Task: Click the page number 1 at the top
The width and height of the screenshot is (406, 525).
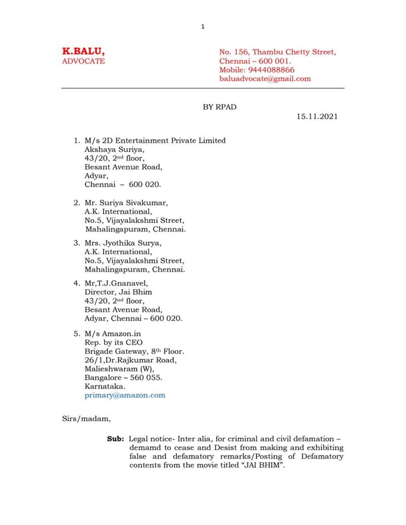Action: [x=203, y=27]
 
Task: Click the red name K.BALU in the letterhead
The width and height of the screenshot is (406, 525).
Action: [x=83, y=51]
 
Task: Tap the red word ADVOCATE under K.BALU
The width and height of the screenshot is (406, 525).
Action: [x=83, y=61]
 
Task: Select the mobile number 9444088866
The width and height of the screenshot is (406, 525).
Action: [x=271, y=70]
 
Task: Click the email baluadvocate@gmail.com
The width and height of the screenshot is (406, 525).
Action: [x=265, y=79]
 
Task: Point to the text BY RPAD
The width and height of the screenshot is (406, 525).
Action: [x=219, y=107]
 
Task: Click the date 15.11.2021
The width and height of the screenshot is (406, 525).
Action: [x=317, y=116]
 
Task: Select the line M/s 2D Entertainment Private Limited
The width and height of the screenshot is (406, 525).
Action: [x=155, y=140]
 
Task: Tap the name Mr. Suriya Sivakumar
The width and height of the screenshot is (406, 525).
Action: [x=126, y=203]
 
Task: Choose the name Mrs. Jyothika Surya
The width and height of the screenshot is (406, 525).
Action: [x=123, y=243]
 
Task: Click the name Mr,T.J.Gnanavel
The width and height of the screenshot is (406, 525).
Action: [x=116, y=283]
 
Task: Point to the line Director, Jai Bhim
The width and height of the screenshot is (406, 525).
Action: [x=118, y=292]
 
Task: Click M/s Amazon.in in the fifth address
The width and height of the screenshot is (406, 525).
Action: [x=113, y=334]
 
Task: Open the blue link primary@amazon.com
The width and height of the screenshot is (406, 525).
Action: [x=125, y=395]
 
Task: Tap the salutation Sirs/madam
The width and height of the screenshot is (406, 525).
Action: [x=86, y=418]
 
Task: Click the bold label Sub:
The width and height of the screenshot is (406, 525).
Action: [x=115, y=439]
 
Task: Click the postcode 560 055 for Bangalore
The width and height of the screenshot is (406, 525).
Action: [x=146, y=378]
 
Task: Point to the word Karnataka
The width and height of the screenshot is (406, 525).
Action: [x=105, y=386]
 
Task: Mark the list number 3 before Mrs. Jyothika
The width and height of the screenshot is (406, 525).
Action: [x=76, y=243]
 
